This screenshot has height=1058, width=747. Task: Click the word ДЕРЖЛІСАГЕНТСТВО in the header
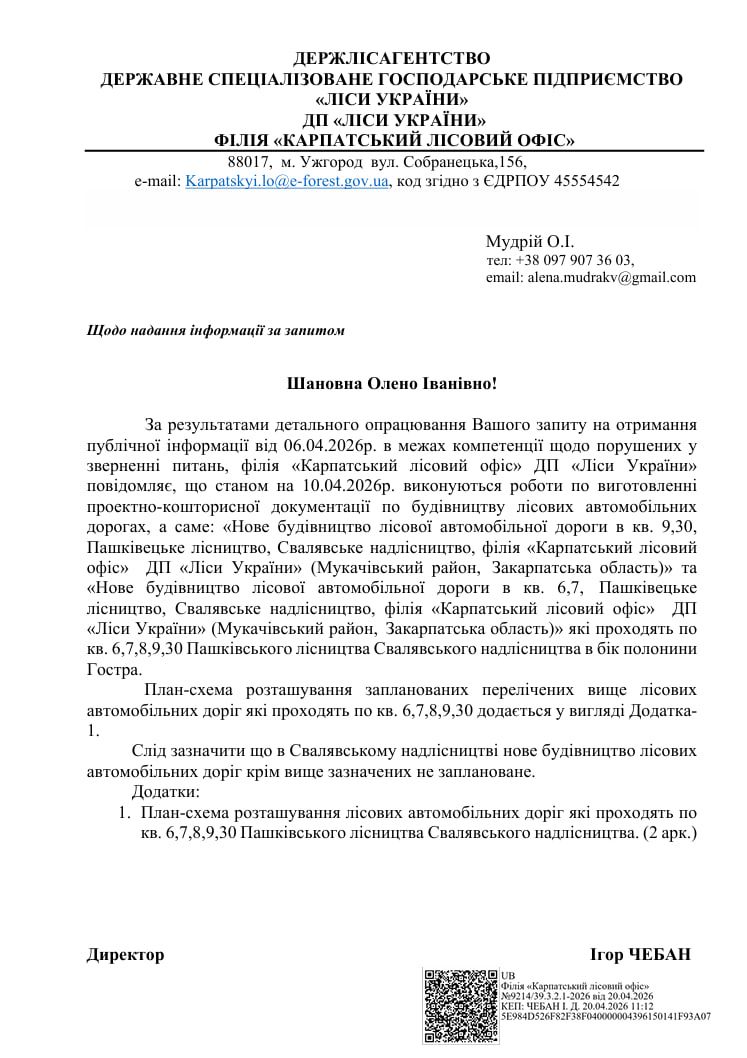click(393, 58)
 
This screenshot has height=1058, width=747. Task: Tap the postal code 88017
click(249, 162)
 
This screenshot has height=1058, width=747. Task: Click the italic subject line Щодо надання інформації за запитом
click(216, 331)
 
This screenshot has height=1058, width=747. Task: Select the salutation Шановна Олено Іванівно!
click(392, 383)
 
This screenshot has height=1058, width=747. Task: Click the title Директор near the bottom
click(125, 955)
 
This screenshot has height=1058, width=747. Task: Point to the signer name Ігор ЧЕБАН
click(641, 955)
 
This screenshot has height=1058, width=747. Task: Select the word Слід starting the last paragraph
click(149, 750)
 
